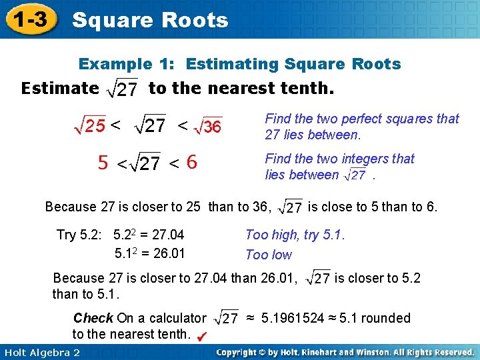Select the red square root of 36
click(207, 125)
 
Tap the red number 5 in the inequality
click(103, 163)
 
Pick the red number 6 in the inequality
click(191, 162)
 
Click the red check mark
click(202, 337)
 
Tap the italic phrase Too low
click(269, 255)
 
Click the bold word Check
click(93, 318)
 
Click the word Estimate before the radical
click(60, 88)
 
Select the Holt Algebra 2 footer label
click(41, 352)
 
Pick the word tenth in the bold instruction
click(311, 88)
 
